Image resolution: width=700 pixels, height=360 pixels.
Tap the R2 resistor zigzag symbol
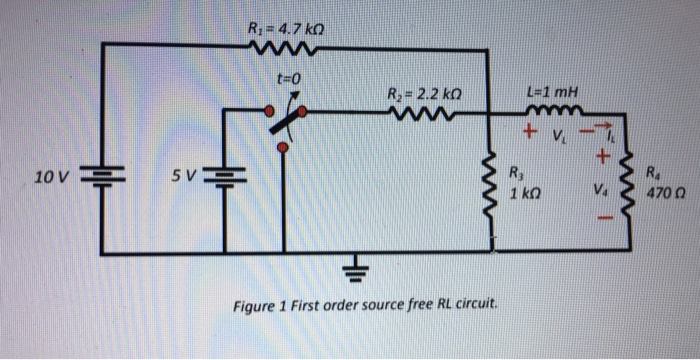click(419, 116)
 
